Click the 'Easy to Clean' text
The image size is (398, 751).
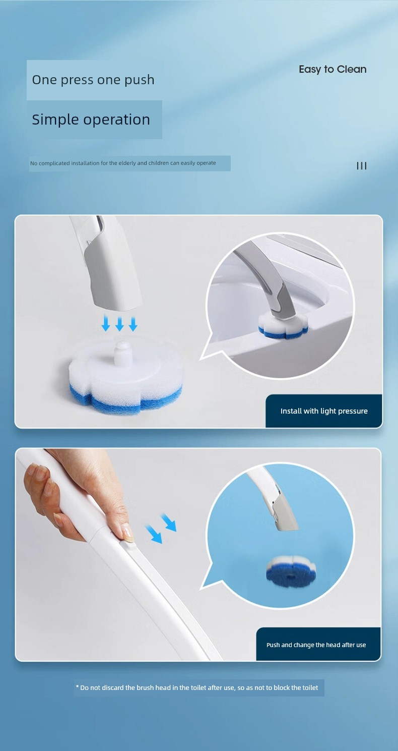pos(333,70)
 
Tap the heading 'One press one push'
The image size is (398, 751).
pos(93,80)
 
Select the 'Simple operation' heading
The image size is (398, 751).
pos(91,120)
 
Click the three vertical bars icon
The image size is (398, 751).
pos(362,165)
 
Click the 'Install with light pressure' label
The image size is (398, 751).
pos(324,411)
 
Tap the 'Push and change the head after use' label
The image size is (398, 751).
pos(316,645)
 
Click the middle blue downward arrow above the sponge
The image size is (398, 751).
pos(119,324)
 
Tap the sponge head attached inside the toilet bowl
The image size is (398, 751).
pos(283,325)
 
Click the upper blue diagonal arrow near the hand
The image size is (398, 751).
pos(168,523)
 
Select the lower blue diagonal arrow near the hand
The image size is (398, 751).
pos(154,535)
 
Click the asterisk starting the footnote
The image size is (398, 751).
pos(78,687)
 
